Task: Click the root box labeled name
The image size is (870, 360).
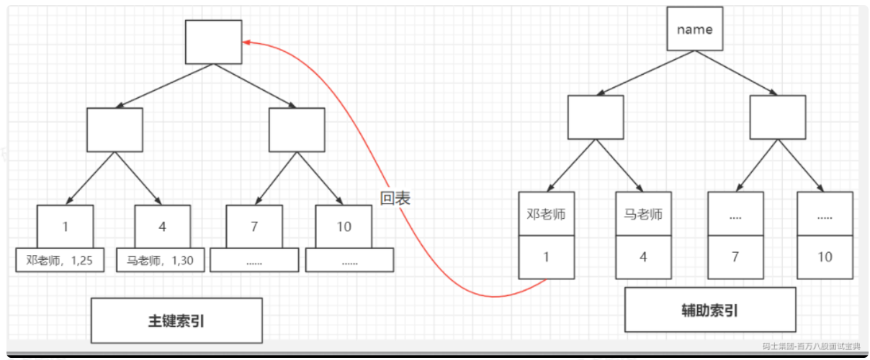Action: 694,30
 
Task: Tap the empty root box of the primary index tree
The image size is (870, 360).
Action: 213,42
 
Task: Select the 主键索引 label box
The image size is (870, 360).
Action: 176,321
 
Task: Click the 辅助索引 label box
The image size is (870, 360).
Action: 709,310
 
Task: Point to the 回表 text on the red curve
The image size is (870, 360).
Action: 395,199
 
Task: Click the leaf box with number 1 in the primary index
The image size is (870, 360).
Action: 66,227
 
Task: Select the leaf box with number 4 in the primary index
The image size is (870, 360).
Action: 163,227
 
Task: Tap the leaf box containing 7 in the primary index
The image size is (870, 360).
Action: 254,227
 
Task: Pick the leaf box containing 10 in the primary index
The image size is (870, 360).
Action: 344,227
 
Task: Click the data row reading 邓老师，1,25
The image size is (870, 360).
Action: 60,261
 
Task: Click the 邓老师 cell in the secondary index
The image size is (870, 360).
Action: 547,214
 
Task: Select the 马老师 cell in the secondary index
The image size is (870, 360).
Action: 643,214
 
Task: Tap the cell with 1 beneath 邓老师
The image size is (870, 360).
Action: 547,257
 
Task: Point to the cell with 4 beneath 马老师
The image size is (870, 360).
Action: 643,257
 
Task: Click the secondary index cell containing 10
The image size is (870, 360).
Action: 825,257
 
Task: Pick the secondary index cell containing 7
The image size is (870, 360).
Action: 735,257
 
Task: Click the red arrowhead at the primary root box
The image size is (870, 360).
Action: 246,42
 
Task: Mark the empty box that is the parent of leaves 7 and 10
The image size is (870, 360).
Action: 297,130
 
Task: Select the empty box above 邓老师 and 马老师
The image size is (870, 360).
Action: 595,117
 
